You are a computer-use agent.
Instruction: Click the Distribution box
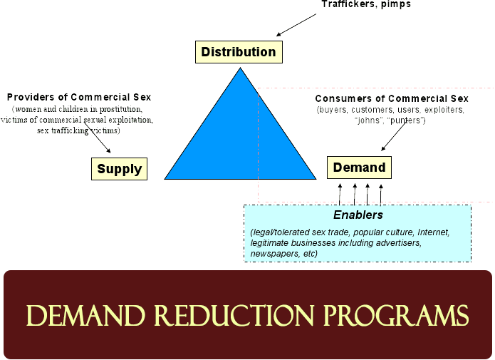239,52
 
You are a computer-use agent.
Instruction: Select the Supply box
120,169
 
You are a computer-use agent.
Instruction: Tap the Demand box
359,168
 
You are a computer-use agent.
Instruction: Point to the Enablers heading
358,215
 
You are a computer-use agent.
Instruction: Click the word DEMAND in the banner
85,315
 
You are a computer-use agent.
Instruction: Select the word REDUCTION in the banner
234,315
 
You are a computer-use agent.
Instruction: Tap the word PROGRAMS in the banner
396,315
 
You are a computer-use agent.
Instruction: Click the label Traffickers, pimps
366,4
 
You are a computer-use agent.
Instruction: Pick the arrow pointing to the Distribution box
296,25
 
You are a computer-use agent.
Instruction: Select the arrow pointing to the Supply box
98,138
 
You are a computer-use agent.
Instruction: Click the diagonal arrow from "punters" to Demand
394,136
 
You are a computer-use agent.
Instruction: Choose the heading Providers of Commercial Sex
79,97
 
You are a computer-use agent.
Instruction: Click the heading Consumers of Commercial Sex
392,98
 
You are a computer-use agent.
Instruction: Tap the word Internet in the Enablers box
434,232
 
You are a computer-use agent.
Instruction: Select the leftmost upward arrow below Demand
340,194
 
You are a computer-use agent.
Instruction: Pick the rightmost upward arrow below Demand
381,195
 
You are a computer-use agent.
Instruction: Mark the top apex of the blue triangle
240,67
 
